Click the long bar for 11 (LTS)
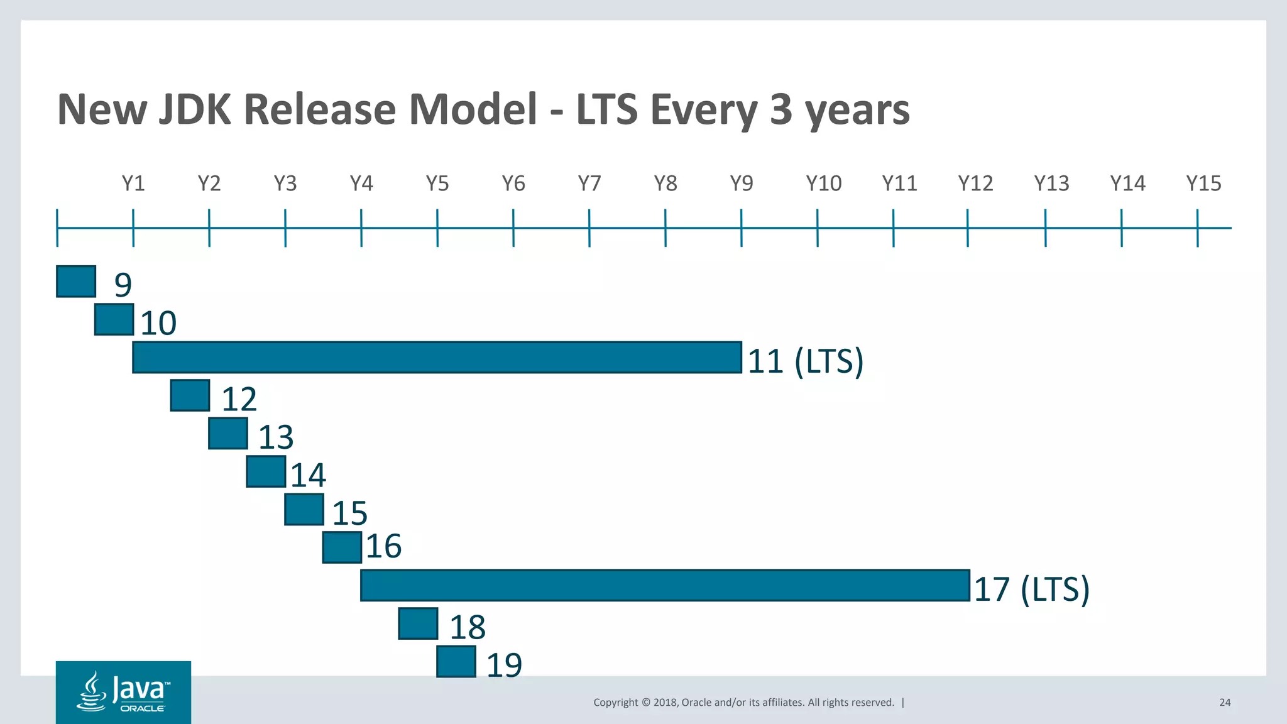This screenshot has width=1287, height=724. tap(437, 358)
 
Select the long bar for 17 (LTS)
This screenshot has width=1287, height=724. tap(665, 586)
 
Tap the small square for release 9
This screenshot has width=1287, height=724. tap(76, 282)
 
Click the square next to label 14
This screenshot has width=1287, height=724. tap(266, 471)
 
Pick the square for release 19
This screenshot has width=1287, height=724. tap(456, 662)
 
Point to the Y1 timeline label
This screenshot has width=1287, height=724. tap(133, 184)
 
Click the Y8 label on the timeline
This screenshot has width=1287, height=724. tap(665, 184)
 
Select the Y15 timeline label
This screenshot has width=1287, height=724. tap(1203, 184)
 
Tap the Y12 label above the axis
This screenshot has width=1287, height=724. tap(975, 184)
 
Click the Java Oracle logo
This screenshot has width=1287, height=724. tap(123, 692)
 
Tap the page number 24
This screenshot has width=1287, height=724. tap(1225, 703)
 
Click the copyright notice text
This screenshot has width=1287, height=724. tap(743, 703)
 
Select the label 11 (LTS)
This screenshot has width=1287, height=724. tap(806, 361)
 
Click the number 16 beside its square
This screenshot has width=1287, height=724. tap(383, 546)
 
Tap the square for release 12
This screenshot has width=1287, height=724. tap(190, 395)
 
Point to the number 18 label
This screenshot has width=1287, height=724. tap(468, 627)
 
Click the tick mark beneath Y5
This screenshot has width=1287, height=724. tap(437, 228)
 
